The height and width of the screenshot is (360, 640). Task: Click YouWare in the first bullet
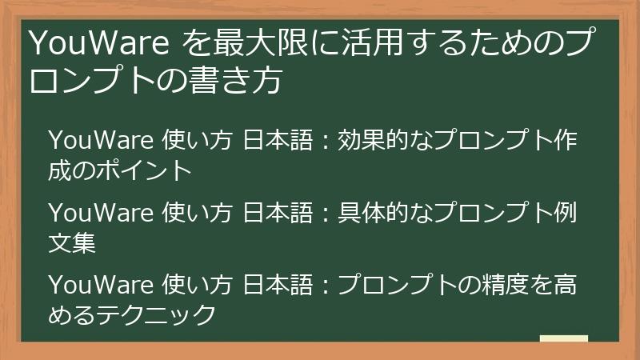pyautogui.click(x=101, y=141)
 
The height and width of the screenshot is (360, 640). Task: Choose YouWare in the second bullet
pyautogui.click(x=101, y=214)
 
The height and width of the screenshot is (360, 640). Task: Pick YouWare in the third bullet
pyautogui.click(x=101, y=285)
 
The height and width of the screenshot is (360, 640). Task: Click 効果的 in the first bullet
pyautogui.click(x=376, y=141)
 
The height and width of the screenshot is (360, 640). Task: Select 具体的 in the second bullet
pyautogui.click(x=376, y=214)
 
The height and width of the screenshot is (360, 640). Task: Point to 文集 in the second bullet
pyautogui.click(x=72, y=242)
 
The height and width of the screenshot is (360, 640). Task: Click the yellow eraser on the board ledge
pyautogui.click(x=563, y=338)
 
